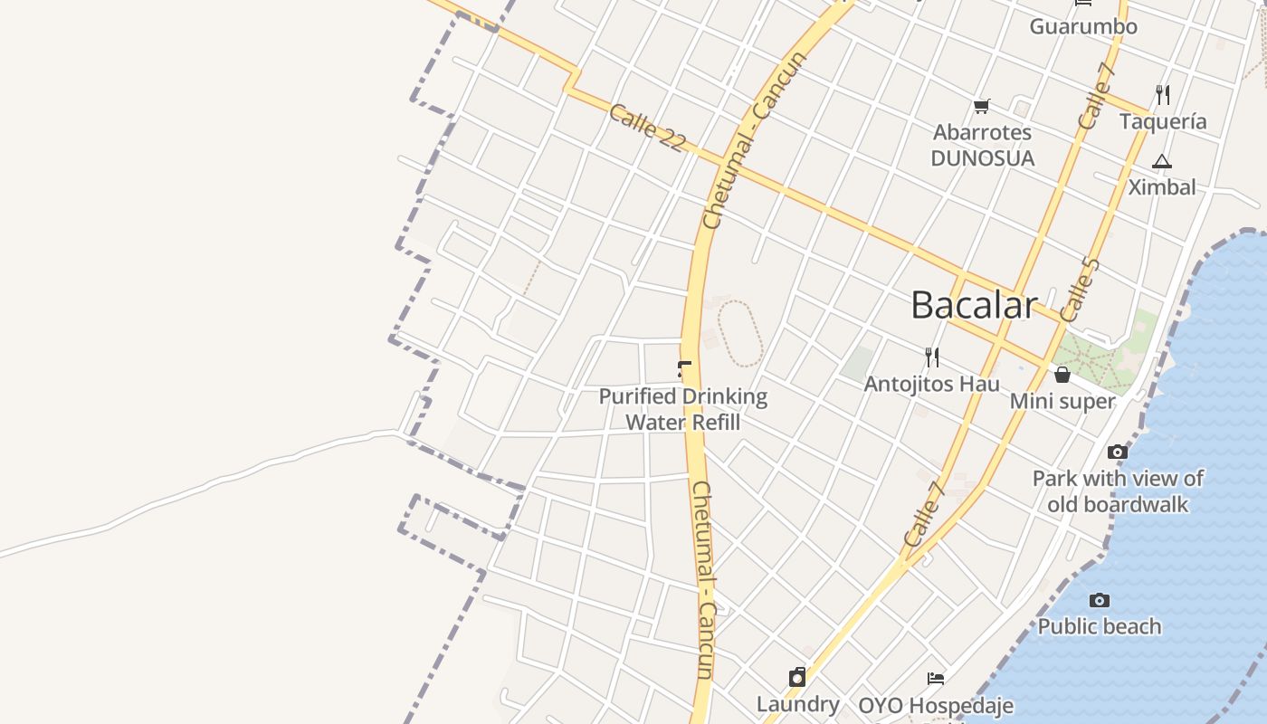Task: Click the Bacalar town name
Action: (974, 305)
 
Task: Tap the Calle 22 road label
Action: (647, 128)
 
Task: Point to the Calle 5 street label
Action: (1080, 290)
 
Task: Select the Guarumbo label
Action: (1083, 26)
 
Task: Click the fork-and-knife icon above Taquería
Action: (1163, 94)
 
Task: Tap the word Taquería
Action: (1163, 121)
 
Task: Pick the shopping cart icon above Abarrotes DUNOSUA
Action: (982, 107)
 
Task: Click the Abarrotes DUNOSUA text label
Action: (983, 145)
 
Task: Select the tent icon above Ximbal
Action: (1162, 162)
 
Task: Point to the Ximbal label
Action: (1162, 187)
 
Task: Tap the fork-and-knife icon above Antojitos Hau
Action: (932, 357)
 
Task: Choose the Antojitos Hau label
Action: (932, 384)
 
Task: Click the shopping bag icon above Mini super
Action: (1062, 374)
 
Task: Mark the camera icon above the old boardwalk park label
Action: (1118, 452)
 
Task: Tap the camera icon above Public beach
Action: (1100, 600)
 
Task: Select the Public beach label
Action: (1100, 626)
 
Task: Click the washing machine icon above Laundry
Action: (797, 677)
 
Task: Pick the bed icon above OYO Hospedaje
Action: (936, 679)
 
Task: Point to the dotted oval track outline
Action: (740, 334)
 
